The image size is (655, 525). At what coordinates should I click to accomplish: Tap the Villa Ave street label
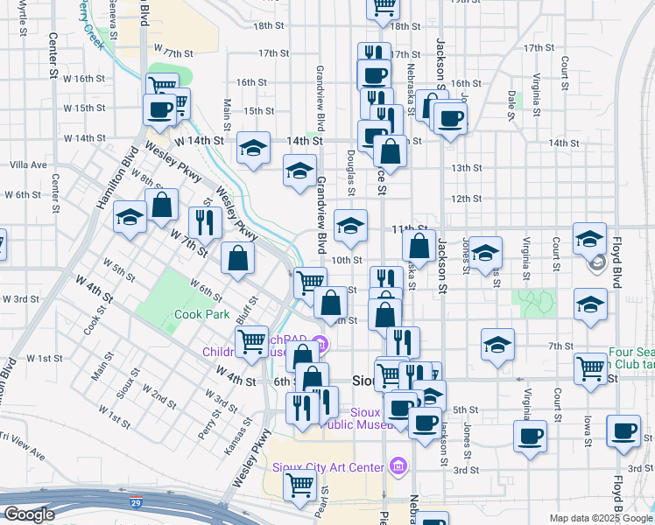tap(28, 164)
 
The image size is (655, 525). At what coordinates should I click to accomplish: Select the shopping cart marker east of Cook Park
tap(252, 341)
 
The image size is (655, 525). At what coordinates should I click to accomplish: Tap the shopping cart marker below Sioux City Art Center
tap(301, 484)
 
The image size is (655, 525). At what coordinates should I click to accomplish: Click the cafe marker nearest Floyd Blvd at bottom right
tap(623, 430)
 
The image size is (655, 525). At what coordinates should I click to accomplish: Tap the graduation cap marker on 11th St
tap(350, 226)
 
